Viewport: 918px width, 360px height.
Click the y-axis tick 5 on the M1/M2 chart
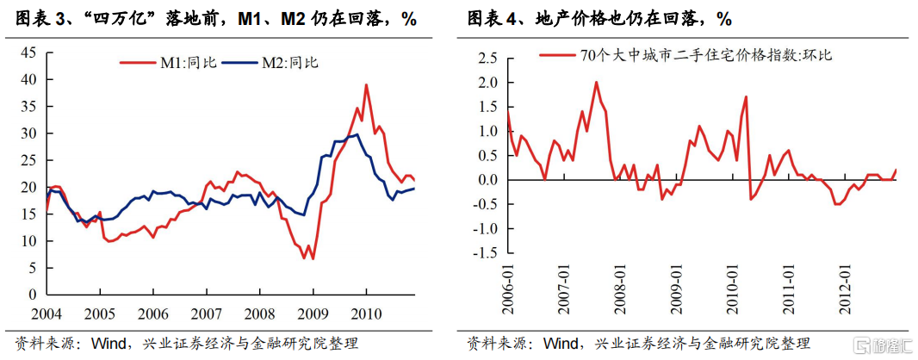tap(31, 268)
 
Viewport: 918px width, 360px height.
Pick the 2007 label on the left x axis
tap(206, 312)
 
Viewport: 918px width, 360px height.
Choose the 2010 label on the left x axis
tap(367, 312)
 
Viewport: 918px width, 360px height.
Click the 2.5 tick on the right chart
tap(488, 58)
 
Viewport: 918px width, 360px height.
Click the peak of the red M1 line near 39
tap(366, 85)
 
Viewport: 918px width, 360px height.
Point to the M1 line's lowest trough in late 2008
tap(313, 258)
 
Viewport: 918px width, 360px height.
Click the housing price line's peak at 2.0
tap(596, 83)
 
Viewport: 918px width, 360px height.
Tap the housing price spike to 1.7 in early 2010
tap(745, 96)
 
